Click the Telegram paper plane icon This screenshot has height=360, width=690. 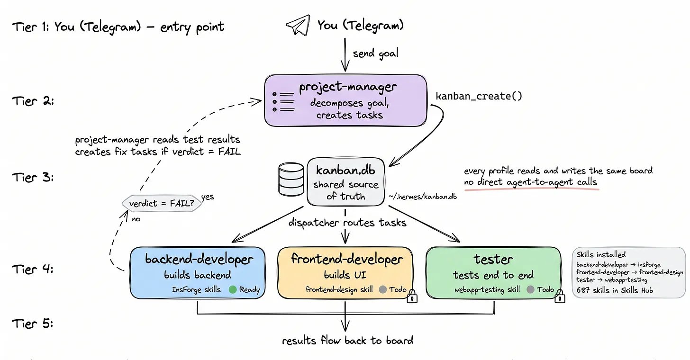pos(298,25)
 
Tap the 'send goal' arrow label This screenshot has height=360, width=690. pos(375,53)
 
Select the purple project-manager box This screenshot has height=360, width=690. pos(345,100)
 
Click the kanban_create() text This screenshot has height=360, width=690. pos(479,96)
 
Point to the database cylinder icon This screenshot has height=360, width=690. pos(291,179)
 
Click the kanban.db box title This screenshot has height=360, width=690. pos(345,170)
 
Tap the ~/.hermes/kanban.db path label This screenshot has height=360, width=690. pos(423,197)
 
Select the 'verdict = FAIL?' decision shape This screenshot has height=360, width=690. pos(162,203)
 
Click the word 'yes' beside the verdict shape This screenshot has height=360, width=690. pos(208,197)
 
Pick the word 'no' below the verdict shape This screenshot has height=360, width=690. pos(136,219)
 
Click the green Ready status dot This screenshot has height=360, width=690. pos(233,289)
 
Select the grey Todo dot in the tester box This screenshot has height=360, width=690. pos(530,289)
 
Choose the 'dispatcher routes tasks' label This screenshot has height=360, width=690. pos(347,222)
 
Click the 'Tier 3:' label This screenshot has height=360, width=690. pos(33,177)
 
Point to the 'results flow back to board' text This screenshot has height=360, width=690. pos(347,340)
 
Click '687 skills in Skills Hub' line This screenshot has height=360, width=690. pos(615,290)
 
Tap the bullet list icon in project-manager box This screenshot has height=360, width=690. pos(283,102)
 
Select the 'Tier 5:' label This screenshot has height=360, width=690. pos(33,324)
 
